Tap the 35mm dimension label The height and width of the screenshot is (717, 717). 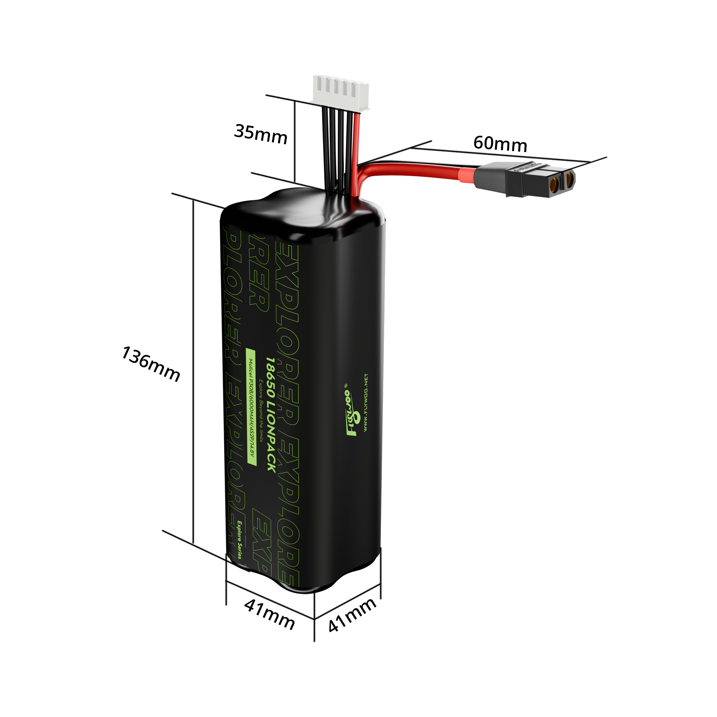coord(261,134)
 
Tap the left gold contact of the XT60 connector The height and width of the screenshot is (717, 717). coord(554,182)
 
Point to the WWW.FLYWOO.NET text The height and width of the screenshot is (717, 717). coord(366,403)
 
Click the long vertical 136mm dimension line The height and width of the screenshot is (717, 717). coord(193,371)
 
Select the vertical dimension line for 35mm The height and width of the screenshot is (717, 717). coord(295,141)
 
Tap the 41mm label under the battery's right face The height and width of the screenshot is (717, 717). coord(352,614)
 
